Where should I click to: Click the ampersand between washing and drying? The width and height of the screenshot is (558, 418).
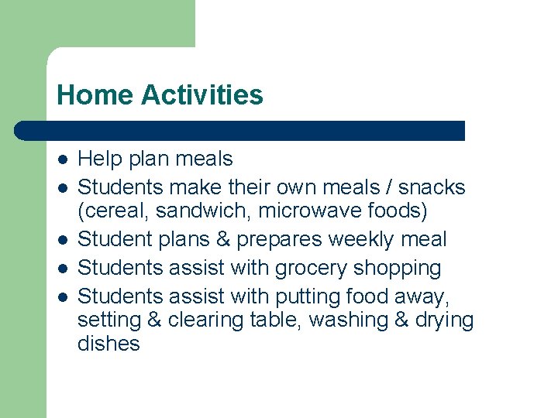401,320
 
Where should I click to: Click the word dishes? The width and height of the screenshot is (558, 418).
108,344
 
